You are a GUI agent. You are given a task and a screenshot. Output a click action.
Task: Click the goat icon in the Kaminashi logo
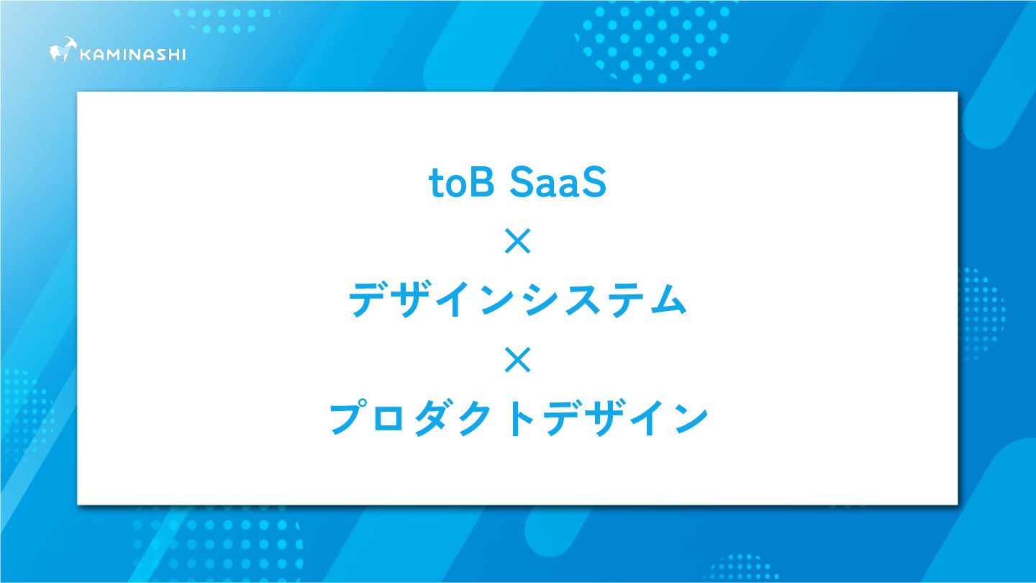[x=63, y=50]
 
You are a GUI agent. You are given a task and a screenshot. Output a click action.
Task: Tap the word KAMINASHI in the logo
[x=132, y=55]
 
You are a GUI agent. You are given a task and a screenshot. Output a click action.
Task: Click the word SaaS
[x=558, y=183]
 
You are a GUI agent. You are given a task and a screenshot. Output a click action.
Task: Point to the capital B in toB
[x=482, y=182]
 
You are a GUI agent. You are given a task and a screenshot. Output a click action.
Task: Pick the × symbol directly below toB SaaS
[x=517, y=241]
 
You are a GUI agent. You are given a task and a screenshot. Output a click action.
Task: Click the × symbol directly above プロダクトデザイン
[x=517, y=360]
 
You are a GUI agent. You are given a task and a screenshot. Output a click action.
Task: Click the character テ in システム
[x=622, y=300]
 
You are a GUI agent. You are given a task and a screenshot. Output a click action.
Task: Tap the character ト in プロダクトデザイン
[x=522, y=419]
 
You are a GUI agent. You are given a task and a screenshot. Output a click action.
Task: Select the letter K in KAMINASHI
[x=85, y=55]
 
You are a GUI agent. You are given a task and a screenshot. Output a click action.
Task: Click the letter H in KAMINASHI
[x=171, y=55]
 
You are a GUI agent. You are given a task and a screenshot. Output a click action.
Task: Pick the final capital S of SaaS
[x=594, y=183]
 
